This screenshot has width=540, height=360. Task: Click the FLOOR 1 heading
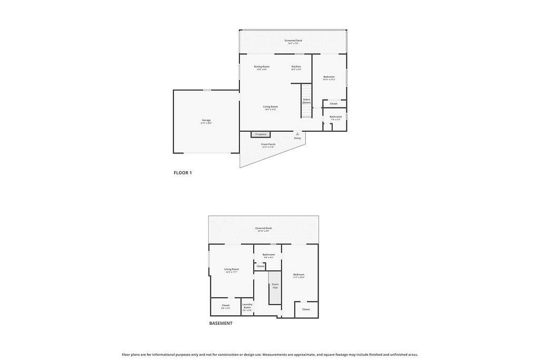tap(183, 173)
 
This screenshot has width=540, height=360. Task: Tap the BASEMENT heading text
tap(220, 324)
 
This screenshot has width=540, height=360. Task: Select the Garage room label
tap(206, 120)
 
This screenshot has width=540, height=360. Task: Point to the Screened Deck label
tap(293, 41)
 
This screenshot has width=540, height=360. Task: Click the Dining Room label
tap(262, 67)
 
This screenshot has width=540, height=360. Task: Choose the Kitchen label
tap(296, 67)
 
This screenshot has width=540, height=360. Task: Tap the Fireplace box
tap(261, 134)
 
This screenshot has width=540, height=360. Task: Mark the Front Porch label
tap(268, 144)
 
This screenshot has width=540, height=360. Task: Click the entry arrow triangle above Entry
tap(297, 134)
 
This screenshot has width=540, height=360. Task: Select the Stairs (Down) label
tap(306, 101)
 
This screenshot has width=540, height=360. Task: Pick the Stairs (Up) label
tap(275, 286)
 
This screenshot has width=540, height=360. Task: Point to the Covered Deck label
tap(264, 228)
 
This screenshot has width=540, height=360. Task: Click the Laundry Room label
tap(247, 306)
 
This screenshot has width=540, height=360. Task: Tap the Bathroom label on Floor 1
tap(336, 116)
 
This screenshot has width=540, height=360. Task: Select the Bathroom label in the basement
tap(269, 255)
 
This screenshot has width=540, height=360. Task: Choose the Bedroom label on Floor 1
tap(329, 77)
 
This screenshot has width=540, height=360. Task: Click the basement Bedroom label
tap(299, 275)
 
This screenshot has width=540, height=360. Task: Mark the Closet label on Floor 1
tap(334, 104)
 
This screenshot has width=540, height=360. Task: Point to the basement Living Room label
tap(232, 269)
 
